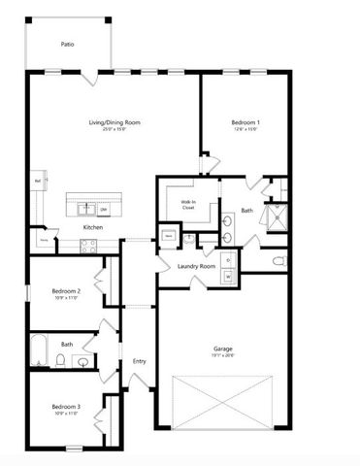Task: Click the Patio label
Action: point(67,45)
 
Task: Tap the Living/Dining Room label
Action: point(115,122)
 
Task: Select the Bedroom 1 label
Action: point(244,122)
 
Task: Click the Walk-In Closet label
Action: point(188,205)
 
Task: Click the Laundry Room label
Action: point(195,266)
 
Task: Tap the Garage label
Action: point(222,349)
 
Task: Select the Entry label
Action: point(138,361)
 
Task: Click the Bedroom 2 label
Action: point(65,291)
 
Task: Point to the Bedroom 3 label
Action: point(65,406)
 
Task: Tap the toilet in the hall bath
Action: point(60,362)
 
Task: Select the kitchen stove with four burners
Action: point(86,246)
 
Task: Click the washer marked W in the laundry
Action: point(229,277)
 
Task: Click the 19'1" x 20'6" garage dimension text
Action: point(222,356)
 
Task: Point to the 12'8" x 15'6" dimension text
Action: point(244,129)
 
